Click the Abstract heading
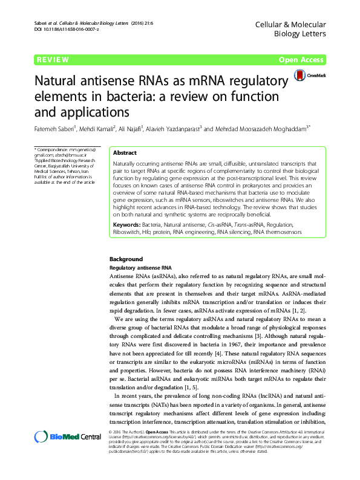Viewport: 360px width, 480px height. (125, 154)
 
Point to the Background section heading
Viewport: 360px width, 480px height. (126, 259)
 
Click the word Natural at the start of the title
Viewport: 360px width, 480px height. (59, 80)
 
